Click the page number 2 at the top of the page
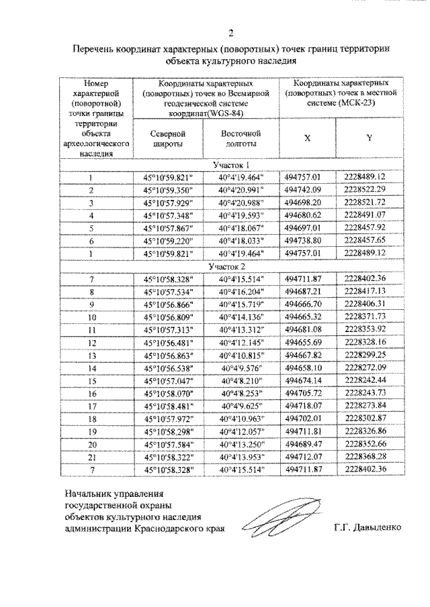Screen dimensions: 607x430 pyautogui.click(x=232, y=33)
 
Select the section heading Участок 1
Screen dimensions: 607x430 pyautogui.click(x=232, y=166)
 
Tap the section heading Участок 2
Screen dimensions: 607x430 pyautogui.click(x=232, y=266)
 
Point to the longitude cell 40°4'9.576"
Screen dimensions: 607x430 pyautogui.click(x=241, y=368)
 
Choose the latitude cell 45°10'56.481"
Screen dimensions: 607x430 pyautogui.click(x=168, y=343)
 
